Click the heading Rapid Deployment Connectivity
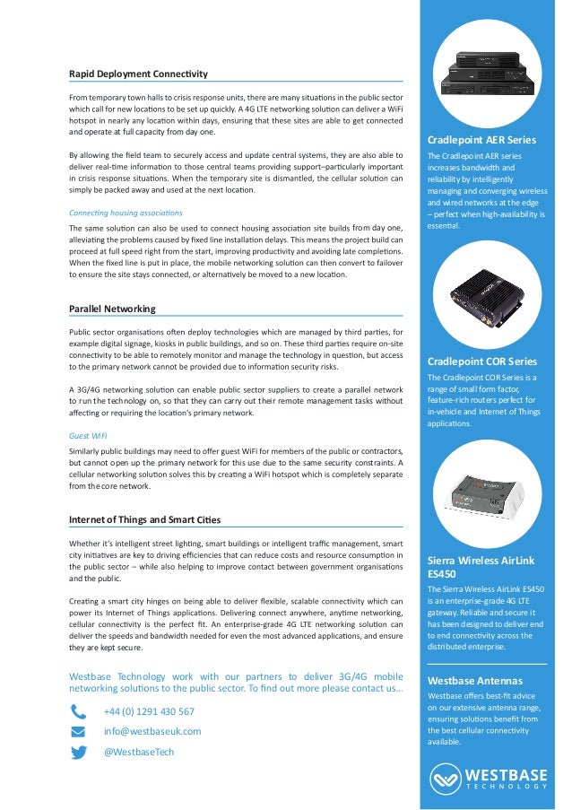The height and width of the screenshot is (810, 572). (138, 73)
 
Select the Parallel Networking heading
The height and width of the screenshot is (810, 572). (112, 309)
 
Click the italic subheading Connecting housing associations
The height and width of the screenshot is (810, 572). (126, 213)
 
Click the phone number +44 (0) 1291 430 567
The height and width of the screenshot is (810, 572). (149, 711)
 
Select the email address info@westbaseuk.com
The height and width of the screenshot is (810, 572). (152, 731)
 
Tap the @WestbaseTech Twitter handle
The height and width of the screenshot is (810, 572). (139, 752)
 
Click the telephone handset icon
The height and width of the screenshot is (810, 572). (79, 712)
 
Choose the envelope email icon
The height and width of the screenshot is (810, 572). (79, 732)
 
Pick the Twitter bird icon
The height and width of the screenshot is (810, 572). (79, 753)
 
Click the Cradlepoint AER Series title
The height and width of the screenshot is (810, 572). (482, 140)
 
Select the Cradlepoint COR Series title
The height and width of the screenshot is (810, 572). (482, 361)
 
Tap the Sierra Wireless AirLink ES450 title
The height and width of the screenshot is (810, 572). (481, 567)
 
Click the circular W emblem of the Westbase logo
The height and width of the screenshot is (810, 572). (446, 777)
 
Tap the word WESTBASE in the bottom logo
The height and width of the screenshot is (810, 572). (506, 772)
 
